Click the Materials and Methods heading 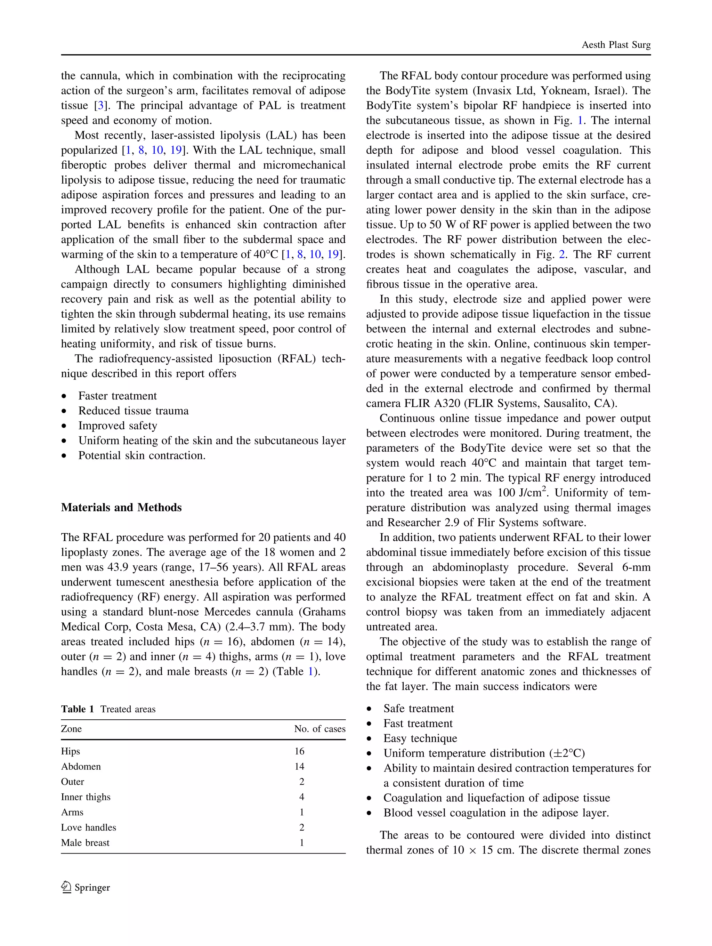point(121,507)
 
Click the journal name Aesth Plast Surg point(616,45)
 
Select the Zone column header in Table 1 point(71,729)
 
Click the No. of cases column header point(319,729)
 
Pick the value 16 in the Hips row point(299,751)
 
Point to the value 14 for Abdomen point(299,766)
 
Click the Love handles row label point(89,827)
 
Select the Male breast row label point(85,842)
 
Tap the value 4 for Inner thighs point(301,797)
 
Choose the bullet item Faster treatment point(117,396)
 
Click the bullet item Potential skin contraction point(141,455)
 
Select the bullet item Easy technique point(420,738)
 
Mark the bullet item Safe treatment point(418,708)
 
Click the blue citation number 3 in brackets point(100,106)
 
